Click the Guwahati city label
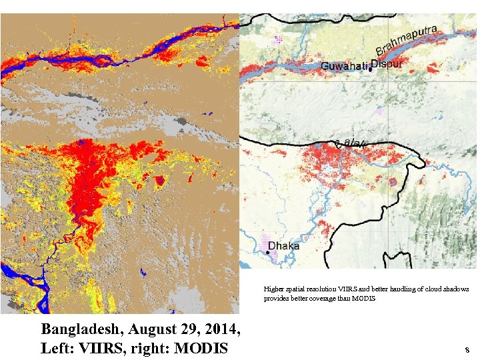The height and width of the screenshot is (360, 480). (x=345, y=66)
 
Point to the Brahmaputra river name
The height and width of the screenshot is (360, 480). (x=407, y=40)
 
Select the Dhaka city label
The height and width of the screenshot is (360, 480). (x=283, y=245)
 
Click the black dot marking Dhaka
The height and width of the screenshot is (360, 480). (x=269, y=252)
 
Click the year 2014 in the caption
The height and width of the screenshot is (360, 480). (x=218, y=329)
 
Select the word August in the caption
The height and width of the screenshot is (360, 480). (x=151, y=329)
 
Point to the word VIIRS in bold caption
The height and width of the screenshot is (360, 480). (x=99, y=348)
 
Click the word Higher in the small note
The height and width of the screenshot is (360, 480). (x=273, y=289)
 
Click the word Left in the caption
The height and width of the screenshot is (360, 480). (x=55, y=348)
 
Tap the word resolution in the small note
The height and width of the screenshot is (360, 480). (x=319, y=289)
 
